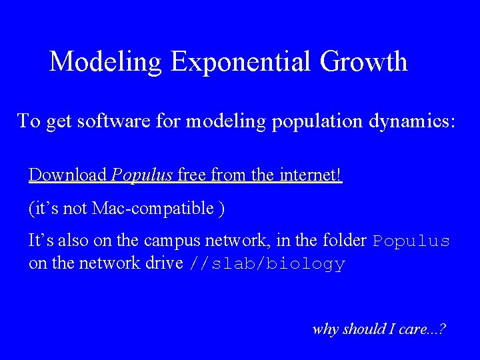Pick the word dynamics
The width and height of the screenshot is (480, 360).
click(x=411, y=121)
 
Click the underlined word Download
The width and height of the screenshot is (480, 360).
click(x=68, y=175)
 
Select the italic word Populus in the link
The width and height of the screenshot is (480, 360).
click(x=142, y=175)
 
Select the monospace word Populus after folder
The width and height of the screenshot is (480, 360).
click(x=411, y=241)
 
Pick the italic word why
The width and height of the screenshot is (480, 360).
click(x=326, y=329)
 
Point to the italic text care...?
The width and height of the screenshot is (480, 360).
click(x=422, y=329)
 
